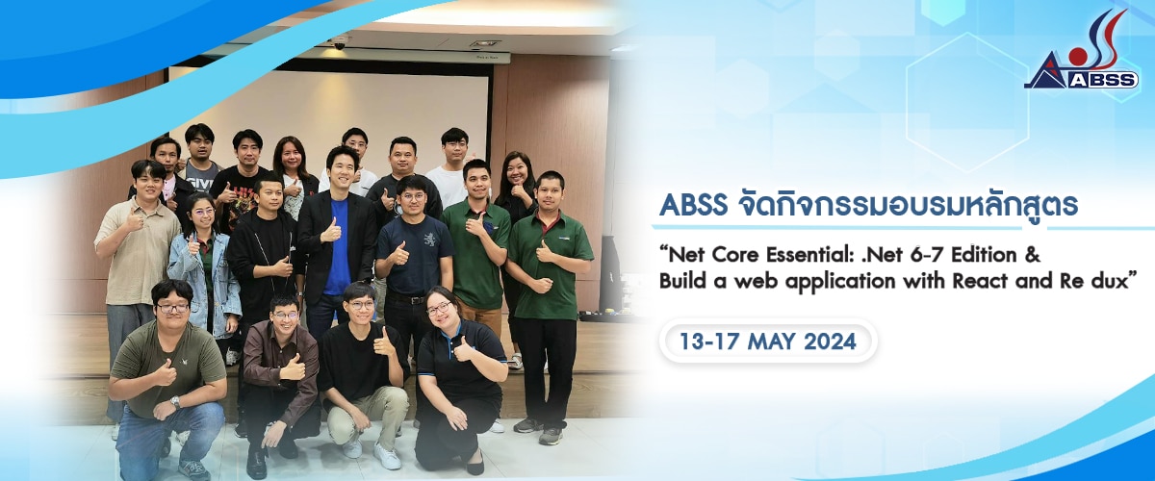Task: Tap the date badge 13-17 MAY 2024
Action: point(767,342)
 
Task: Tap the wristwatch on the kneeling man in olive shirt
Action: point(175,402)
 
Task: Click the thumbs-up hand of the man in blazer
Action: point(332,231)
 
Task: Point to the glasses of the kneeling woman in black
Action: point(438,309)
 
